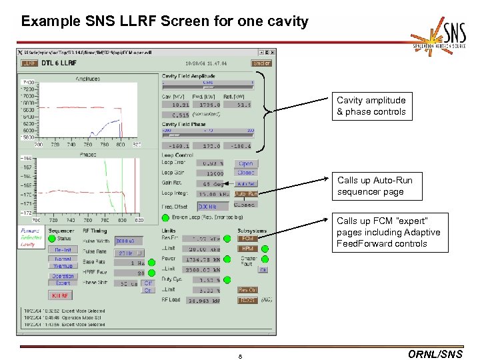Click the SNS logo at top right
coord(441,39)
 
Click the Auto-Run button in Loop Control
coord(246,194)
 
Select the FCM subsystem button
coord(247,238)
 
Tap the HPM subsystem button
coord(247,249)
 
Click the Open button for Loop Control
coord(246,163)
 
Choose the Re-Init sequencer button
coord(62,249)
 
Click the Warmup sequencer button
coord(62,266)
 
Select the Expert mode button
coord(62,283)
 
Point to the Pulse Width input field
coord(129,241)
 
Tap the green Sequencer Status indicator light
coord(52,239)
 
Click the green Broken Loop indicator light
coord(165,217)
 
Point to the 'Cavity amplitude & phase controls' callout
coord(371,106)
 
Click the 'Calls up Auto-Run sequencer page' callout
coord(375,186)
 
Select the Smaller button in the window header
coord(261,63)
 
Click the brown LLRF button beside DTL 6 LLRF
coord(29,63)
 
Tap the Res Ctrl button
coord(247,290)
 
